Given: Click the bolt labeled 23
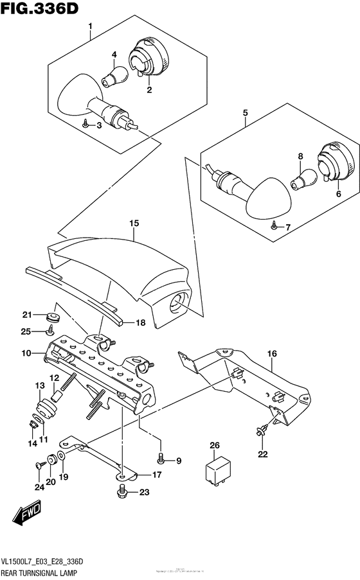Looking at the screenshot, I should (121, 493).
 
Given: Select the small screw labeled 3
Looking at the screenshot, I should (85, 127).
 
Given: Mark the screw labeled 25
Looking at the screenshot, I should (50, 331).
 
